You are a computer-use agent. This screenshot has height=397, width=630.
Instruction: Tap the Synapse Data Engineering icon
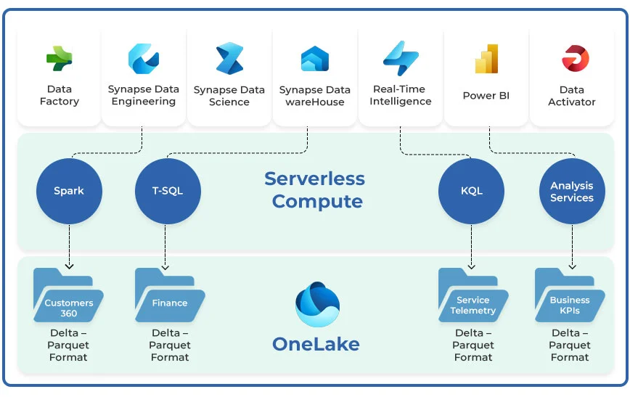coord(143,58)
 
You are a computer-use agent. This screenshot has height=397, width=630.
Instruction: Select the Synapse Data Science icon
coord(229,59)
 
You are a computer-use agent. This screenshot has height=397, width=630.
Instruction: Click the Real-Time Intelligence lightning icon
coord(401,58)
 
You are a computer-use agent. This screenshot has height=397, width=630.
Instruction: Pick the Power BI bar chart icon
coord(486,59)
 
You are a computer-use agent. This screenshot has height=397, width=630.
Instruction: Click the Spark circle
coord(69,191)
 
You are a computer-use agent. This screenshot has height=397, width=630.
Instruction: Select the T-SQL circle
coord(168,191)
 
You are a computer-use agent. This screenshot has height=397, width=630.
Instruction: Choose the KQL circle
coord(472,191)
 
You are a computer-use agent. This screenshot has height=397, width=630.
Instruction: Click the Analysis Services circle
coord(572,192)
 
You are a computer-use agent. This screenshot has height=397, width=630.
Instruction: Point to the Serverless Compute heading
coord(315,189)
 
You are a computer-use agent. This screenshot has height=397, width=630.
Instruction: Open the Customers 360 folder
coord(68,297)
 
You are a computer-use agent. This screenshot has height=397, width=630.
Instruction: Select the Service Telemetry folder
coord(473,297)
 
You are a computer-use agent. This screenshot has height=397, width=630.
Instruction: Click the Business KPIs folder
coord(570,297)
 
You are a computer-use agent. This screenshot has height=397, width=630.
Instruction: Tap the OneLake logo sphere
coord(317,304)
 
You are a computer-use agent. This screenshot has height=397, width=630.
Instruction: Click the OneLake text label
coord(316,343)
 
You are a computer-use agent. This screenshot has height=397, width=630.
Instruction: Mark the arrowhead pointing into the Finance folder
coord(165,266)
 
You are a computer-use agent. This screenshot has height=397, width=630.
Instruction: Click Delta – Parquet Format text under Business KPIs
coord(570,345)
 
